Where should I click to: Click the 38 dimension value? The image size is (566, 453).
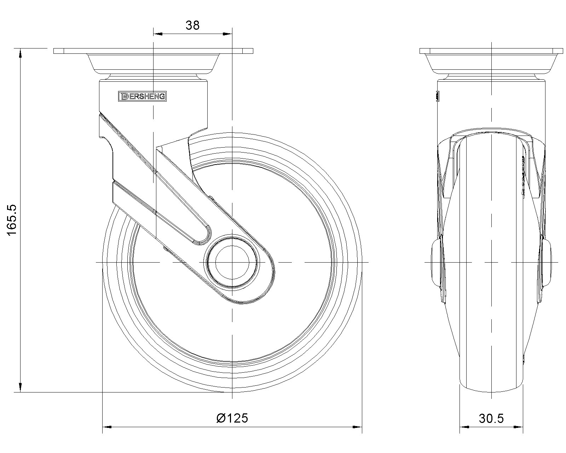pyautogui.click(x=192, y=25)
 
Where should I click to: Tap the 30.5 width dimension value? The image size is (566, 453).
pyautogui.click(x=491, y=419)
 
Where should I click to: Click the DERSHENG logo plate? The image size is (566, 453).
pyautogui.click(x=142, y=96)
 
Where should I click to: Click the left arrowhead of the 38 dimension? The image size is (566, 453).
pyautogui.click(x=158, y=34)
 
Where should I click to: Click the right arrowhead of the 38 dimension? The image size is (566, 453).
pyautogui.click(x=227, y=34)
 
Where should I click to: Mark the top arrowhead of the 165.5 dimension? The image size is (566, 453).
pyautogui.click(x=20, y=53)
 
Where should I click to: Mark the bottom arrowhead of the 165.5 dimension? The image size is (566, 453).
pyautogui.click(x=20, y=388)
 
